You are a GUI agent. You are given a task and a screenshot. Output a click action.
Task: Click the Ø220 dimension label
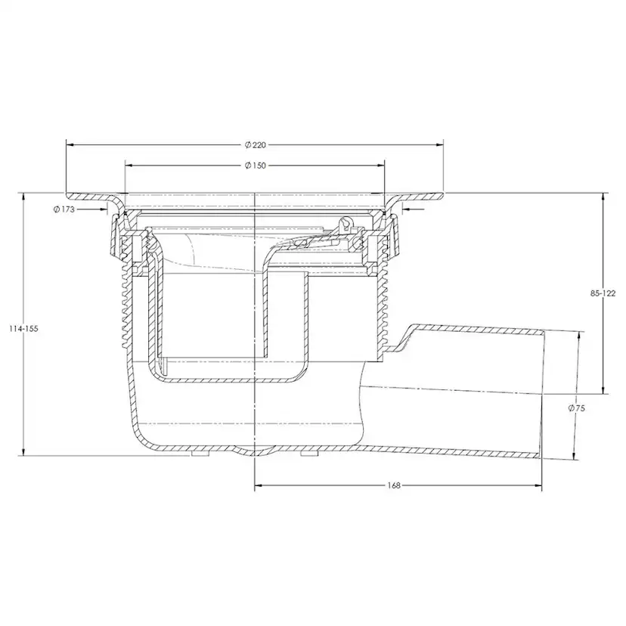click(x=255, y=145)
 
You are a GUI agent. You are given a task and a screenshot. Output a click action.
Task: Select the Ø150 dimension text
click(x=255, y=166)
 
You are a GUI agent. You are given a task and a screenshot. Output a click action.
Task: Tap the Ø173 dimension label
click(x=64, y=209)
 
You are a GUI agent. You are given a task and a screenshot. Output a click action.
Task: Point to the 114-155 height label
click(x=23, y=329)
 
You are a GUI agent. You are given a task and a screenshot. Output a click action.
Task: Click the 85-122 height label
click(x=603, y=293)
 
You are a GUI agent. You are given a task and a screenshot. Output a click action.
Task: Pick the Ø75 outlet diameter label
click(x=576, y=408)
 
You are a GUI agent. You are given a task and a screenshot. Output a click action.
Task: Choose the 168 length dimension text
click(x=394, y=485)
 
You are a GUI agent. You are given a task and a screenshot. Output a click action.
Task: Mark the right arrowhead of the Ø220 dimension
click(x=439, y=145)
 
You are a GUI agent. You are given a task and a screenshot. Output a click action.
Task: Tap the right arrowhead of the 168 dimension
click(x=538, y=485)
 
